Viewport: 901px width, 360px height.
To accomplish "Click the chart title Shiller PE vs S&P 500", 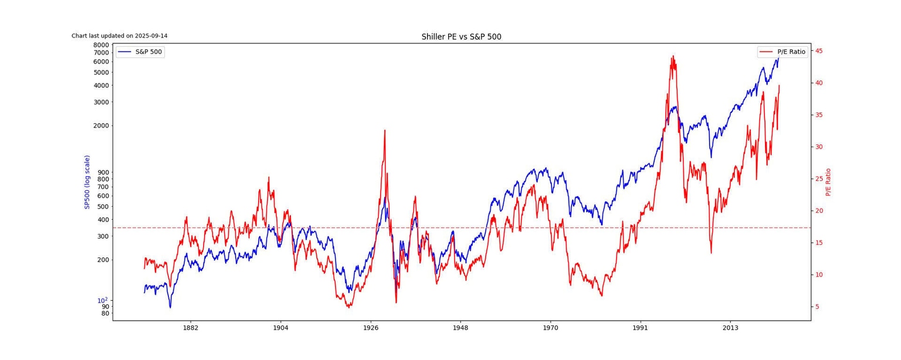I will click(461, 37).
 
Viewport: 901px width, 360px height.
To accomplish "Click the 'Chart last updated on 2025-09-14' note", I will click(120, 36).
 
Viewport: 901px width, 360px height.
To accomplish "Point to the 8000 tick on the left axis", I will click(101, 45).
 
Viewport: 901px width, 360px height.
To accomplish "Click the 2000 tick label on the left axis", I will click(101, 125).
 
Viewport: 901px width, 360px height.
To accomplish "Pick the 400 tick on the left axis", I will click(103, 220).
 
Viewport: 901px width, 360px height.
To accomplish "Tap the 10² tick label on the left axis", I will click(102, 300).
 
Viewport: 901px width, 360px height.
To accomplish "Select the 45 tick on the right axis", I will click(819, 51).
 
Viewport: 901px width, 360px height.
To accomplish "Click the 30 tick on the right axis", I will click(819, 147).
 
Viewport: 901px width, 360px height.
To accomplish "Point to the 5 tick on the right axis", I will click(817, 307).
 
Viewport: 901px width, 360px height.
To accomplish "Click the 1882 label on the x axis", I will click(191, 328).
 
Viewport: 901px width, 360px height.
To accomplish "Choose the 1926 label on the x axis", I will click(371, 328).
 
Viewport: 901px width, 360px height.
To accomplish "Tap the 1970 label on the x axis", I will click(550, 328).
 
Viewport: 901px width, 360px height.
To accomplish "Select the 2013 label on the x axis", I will click(730, 328).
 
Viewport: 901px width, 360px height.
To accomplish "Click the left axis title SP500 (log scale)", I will click(87, 182).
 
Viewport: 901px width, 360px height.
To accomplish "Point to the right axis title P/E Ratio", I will click(828, 182).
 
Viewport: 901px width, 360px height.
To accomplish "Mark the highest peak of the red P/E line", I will click(673, 56).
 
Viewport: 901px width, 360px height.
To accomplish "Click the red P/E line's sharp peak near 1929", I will click(385, 130).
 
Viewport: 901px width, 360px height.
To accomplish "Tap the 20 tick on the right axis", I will click(819, 211).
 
